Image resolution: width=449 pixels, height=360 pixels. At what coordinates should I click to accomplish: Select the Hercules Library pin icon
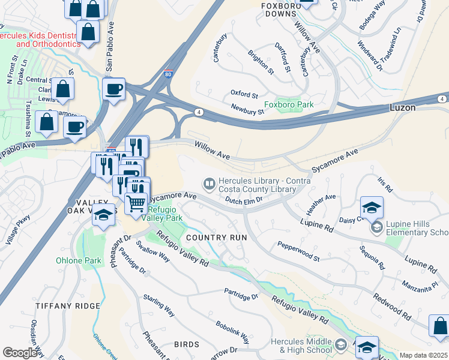click(x=209, y=182)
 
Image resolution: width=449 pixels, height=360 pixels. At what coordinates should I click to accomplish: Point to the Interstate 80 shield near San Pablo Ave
click(x=168, y=73)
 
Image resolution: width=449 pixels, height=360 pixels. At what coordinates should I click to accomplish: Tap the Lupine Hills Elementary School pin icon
click(x=376, y=227)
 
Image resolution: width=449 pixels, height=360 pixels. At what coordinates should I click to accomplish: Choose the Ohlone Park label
click(x=79, y=260)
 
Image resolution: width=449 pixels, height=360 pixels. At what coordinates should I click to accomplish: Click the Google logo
click(x=20, y=353)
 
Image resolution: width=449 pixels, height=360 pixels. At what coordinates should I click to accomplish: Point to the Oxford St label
click(x=244, y=95)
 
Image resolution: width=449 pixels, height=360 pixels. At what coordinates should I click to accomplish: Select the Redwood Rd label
click(x=391, y=306)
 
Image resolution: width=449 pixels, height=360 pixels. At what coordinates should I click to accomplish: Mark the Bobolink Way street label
click(x=232, y=331)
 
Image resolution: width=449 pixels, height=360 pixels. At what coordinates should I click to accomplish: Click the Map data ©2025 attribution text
click(x=423, y=355)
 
